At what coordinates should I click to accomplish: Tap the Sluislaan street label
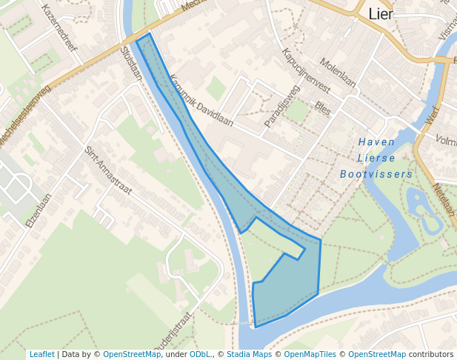coord(130,63)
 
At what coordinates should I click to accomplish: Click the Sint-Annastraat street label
coord(108,170)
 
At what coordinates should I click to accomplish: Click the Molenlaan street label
coord(338,73)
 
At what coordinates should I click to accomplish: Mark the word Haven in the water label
coord(376,141)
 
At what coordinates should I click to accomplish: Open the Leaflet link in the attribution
coord(41,354)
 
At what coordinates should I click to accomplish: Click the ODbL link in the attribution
coord(199,354)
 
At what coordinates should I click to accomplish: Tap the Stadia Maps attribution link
coord(249,354)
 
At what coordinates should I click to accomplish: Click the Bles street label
coord(322,108)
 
